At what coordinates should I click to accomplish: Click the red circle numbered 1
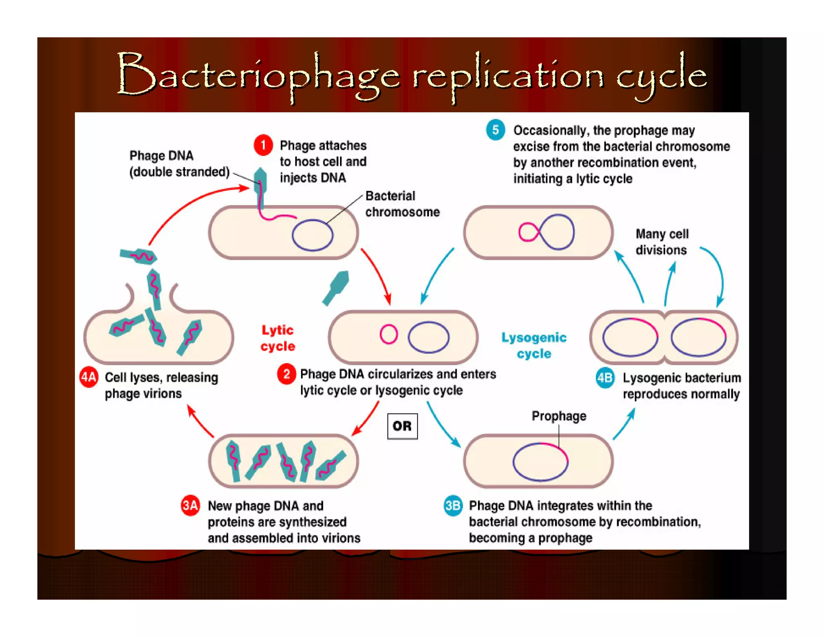(x=263, y=145)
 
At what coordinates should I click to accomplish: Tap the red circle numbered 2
(x=286, y=374)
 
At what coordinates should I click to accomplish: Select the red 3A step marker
(x=190, y=505)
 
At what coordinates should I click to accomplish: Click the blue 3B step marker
(x=453, y=505)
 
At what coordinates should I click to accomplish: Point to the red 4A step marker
(x=89, y=377)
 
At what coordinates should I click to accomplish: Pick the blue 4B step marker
(x=605, y=378)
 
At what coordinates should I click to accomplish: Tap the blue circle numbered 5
(x=495, y=130)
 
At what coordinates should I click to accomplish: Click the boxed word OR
(x=402, y=426)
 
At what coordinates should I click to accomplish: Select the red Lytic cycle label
(x=278, y=338)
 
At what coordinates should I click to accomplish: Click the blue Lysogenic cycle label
(x=534, y=345)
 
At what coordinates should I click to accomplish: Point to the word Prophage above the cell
(x=558, y=416)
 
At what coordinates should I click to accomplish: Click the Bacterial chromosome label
(x=402, y=204)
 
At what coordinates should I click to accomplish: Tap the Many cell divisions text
(x=661, y=242)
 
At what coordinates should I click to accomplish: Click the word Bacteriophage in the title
(x=258, y=77)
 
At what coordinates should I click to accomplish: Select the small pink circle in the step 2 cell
(x=389, y=334)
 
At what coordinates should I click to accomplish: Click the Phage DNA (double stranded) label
(x=179, y=163)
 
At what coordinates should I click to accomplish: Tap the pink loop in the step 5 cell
(x=528, y=232)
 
